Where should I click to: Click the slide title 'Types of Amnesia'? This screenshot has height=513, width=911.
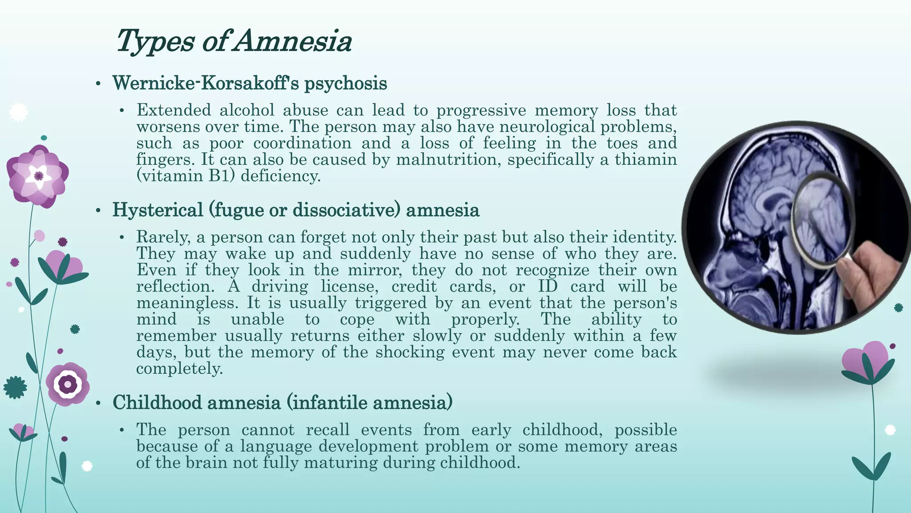[234, 41]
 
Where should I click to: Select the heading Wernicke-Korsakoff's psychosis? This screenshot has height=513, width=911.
[250, 83]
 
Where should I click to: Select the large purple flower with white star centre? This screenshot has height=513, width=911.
[38, 176]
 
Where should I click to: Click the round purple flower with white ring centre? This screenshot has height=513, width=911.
[68, 384]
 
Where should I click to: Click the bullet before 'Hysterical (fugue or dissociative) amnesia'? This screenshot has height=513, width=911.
[98, 211]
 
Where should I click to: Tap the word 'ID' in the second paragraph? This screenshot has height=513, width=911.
[548, 286]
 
